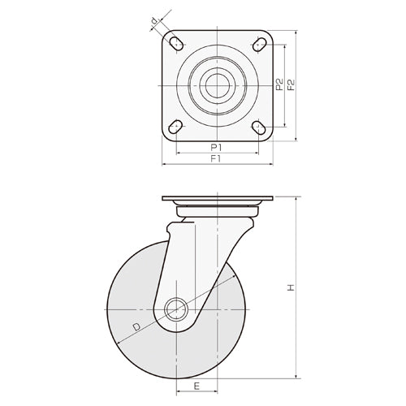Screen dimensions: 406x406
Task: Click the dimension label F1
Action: [x=216, y=158]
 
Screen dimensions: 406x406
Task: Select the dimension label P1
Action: [x=216, y=146]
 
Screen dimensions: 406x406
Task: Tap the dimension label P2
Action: [x=278, y=84]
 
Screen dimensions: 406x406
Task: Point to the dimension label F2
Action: [x=290, y=84]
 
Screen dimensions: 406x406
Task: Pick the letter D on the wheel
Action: [x=138, y=326]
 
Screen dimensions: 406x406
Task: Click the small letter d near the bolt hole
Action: [x=153, y=23]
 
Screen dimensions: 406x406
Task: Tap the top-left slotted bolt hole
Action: [x=175, y=42]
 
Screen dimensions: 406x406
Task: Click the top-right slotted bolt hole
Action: [x=260, y=42]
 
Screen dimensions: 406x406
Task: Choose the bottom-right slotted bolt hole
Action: [x=260, y=127]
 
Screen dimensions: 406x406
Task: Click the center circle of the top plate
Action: [x=218, y=84]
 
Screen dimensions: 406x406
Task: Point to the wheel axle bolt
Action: [x=175, y=309]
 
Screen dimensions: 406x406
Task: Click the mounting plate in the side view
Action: [x=218, y=199]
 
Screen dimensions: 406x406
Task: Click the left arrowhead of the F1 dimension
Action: [x=166, y=165]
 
